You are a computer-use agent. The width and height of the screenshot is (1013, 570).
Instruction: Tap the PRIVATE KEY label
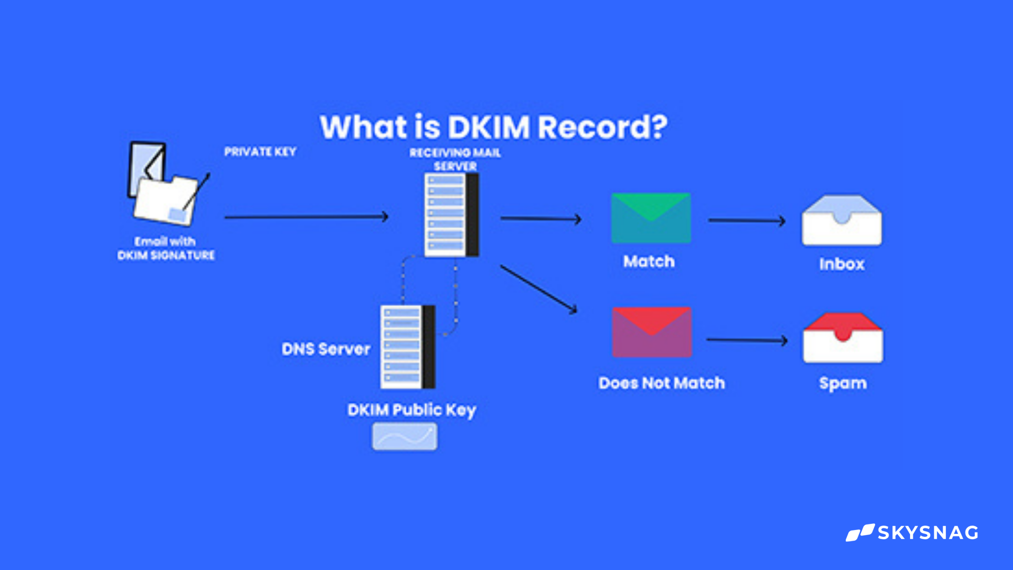pyautogui.click(x=260, y=152)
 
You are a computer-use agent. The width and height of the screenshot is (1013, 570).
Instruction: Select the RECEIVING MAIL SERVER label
pyautogui.click(x=455, y=159)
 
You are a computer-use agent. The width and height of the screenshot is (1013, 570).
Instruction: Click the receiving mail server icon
pyautogui.click(x=451, y=215)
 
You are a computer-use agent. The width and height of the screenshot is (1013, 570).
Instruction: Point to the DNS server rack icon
pyautogui.click(x=408, y=347)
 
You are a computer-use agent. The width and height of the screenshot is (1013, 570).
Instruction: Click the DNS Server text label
pyautogui.click(x=326, y=349)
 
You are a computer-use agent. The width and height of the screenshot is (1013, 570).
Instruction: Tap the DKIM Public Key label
pyautogui.click(x=412, y=410)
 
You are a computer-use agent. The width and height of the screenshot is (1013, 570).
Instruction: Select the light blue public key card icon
pyautogui.click(x=405, y=436)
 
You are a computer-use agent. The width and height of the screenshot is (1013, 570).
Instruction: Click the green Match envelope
pyautogui.click(x=651, y=218)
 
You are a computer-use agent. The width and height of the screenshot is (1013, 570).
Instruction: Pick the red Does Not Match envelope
pyautogui.click(x=651, y=332)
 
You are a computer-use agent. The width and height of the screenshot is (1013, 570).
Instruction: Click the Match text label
pyautogui.click(x=649, y=261)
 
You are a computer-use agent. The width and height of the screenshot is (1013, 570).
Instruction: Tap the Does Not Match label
pyautogui.click(x=661, y=383)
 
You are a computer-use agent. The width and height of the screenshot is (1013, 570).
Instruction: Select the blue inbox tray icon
pyautogui.click(x=841, y=221)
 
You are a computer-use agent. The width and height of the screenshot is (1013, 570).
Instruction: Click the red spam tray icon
pyautogui.click(x=843, y=338)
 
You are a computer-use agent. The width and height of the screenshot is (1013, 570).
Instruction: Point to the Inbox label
pyautogui.click(x=841, y=264)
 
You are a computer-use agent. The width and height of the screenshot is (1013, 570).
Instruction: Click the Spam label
pyautogui.click(x=843, y=383)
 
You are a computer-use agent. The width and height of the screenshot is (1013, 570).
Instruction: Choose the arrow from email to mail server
pyautogui.click(x=306, y=217)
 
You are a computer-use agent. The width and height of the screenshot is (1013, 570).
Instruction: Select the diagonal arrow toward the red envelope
pyautogui.click(x=539, y=289)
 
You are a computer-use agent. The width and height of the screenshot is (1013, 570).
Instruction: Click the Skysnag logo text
pyautogui.click(x=927, y=533)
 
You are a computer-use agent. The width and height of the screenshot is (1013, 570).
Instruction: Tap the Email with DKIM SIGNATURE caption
pyautogui.click(x=166, y=248)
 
